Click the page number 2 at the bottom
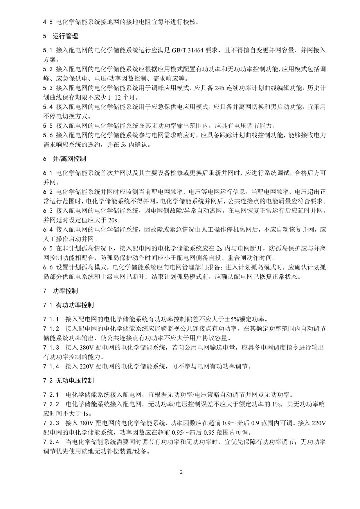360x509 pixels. [x=181, y=472]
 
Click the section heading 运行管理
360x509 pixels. [x=65, y=36]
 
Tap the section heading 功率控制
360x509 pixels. [x=65, y=291]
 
